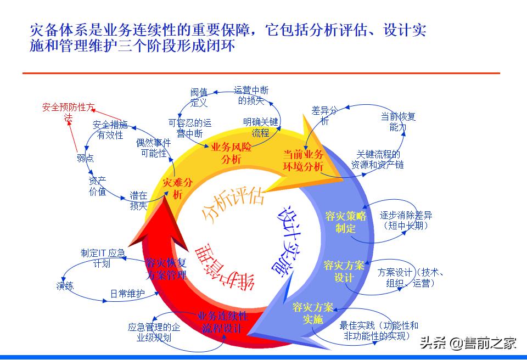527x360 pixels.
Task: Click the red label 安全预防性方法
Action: coord(69,111)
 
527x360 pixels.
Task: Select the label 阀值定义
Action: coord(199,97)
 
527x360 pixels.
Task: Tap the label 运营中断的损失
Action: coord(251,95)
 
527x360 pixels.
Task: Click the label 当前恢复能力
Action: coord(399,122)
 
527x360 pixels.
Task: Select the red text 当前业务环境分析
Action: coord(303,160)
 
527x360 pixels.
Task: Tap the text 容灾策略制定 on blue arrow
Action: coord(345,222)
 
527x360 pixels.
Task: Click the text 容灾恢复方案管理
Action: coord(166,268)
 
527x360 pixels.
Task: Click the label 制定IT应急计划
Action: coord(103,258)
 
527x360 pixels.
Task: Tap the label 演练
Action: coord(64,286)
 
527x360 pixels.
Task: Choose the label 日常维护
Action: coord(127,294)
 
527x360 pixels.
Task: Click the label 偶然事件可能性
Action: coord(153,148)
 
